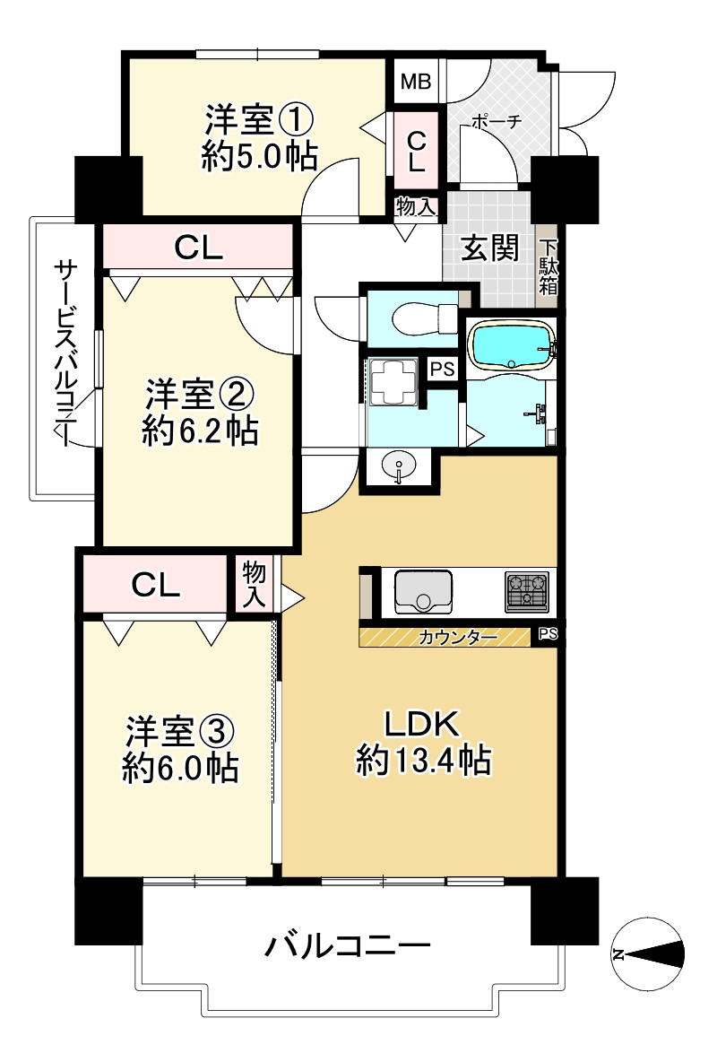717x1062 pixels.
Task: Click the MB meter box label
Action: click(416, 83)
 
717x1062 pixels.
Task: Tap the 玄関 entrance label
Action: click(490, 248)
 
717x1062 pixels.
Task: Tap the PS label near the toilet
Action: click(442, 369)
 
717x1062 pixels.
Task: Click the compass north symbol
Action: click(648, 954)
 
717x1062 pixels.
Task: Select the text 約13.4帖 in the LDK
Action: click(423, 762)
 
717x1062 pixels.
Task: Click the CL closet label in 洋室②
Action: click(198, 248)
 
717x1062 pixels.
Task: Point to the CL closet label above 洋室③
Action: click(156, 585)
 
